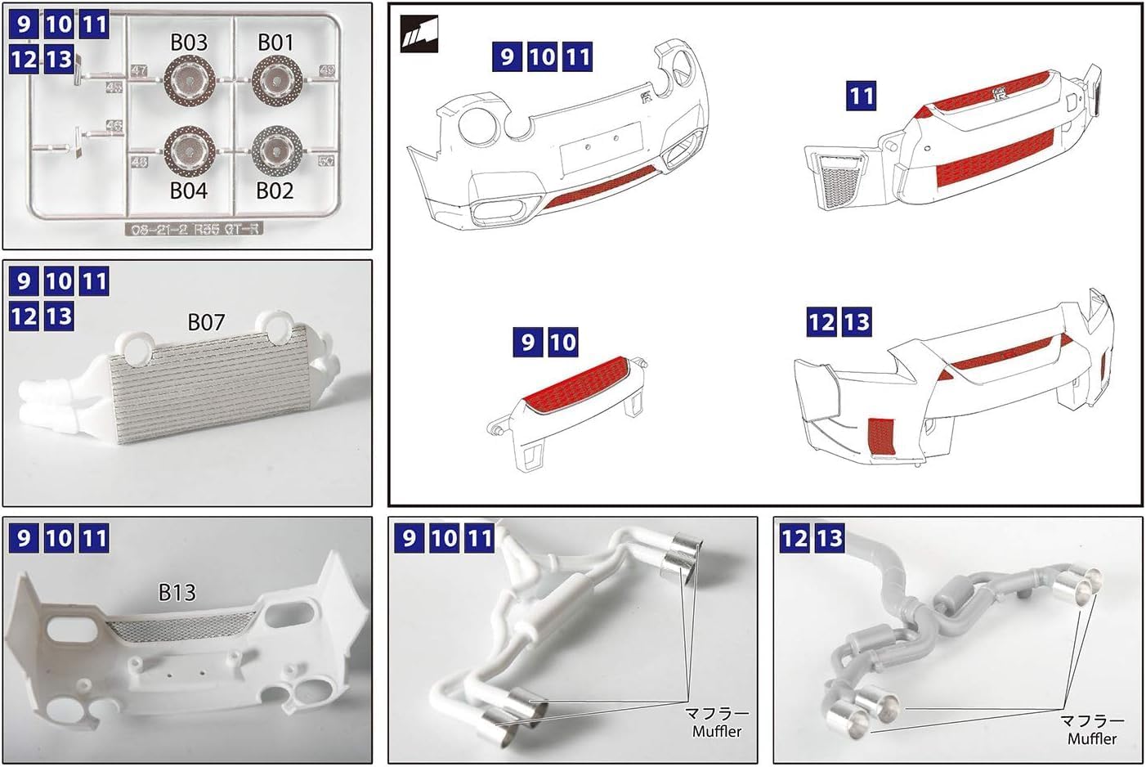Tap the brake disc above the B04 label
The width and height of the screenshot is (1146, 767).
pos(189,152)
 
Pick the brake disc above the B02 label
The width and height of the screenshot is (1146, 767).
pos(277,151)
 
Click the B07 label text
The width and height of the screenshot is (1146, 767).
pos(206,323)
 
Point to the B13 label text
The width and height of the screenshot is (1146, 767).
pos(177,591)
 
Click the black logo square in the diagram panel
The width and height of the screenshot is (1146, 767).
pos(419,35)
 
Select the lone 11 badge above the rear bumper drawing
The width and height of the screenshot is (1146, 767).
pos(861,96)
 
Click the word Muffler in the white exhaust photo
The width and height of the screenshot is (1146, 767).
pos(717,732)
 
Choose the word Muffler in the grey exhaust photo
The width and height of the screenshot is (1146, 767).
pos(1091,738)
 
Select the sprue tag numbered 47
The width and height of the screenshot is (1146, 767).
pos(139,72)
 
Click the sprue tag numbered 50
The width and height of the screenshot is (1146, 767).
pos(326,161)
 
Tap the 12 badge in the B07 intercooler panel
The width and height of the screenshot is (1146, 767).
pos(24,316)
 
